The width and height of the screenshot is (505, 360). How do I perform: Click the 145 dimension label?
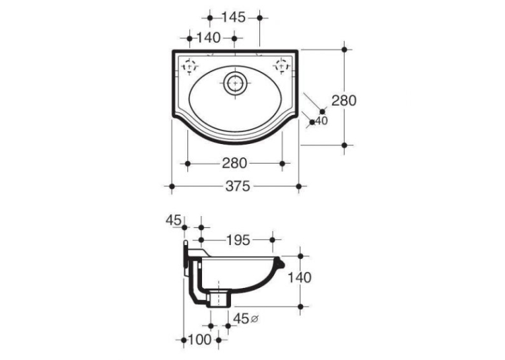pos(234,17)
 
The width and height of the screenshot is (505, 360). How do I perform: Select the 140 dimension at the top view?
pos(209,38)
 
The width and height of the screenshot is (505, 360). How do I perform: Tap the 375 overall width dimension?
pos(238,186)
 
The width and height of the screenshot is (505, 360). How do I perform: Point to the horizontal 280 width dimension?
pos(234,163)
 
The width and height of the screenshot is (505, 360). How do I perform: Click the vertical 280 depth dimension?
pos(344,100)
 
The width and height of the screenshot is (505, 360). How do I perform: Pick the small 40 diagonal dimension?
pos(321,121)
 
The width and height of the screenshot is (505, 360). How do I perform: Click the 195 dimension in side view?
pos(238,240)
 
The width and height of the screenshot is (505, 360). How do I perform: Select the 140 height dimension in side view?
pos(299,277)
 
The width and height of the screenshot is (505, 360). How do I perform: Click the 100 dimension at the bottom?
pos(199,340)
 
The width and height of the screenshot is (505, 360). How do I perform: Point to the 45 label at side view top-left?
pos(174,221)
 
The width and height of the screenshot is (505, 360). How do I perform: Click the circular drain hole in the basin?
pos(235,83)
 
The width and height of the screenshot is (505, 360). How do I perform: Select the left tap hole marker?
pos(189,67)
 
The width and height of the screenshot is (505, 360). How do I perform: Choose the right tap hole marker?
pos(281,66)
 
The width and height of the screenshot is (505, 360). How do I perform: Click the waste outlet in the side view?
pos(219,299)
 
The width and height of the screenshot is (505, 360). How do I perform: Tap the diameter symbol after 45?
pos(254,319)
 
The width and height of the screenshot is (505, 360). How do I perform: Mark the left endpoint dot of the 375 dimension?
pos(172,186)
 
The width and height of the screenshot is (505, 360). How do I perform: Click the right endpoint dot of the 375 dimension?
pos(298,186)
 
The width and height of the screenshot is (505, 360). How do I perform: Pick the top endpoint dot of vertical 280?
pos(345,50)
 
